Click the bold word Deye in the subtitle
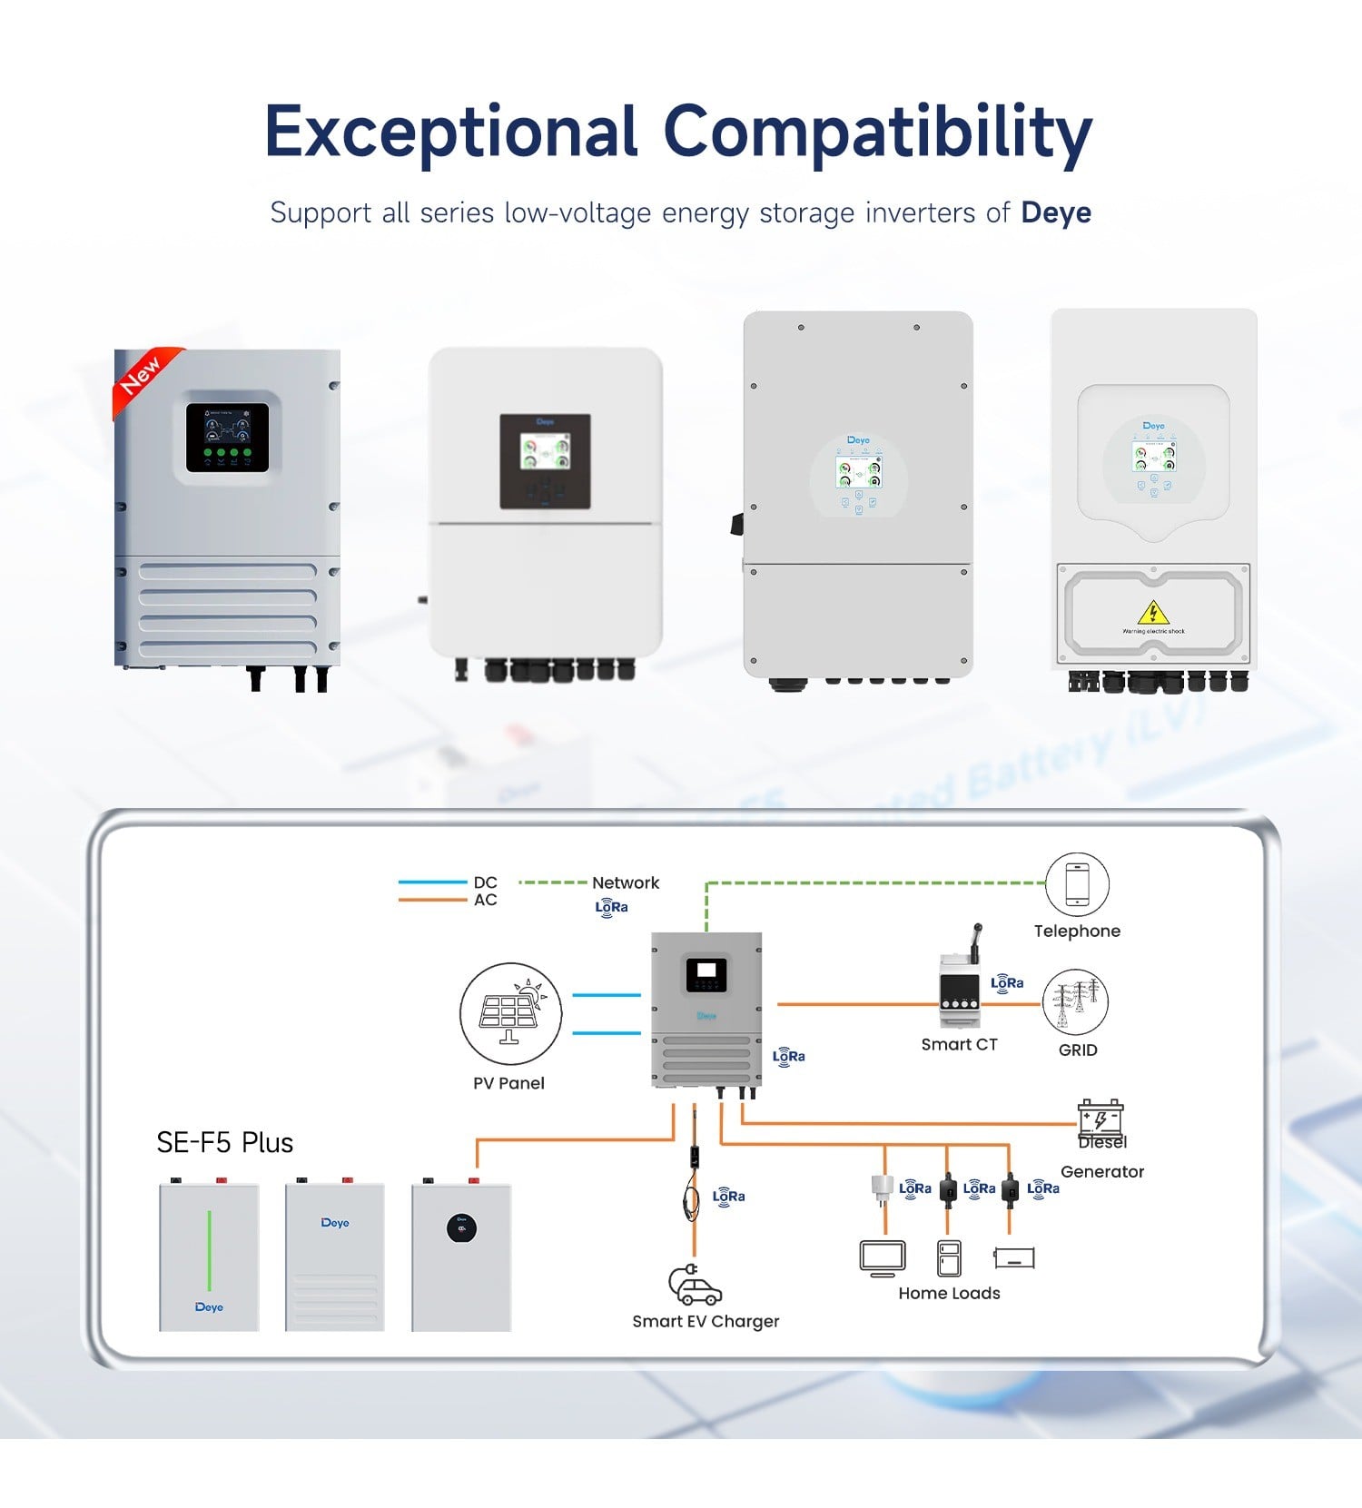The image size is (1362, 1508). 1056,212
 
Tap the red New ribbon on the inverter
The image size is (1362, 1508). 141,374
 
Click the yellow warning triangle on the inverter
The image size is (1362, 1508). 1153,613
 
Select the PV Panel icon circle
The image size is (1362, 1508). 510,1013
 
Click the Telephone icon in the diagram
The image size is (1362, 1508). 1077,884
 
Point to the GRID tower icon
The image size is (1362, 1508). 1076,1002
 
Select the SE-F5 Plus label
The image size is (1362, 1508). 224,1142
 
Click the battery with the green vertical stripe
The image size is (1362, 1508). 209,1257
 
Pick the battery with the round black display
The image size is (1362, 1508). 461,1257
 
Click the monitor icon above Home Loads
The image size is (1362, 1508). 883,1257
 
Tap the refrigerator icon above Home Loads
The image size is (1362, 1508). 949,1258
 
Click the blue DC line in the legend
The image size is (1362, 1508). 432,882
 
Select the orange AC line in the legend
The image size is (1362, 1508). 432,900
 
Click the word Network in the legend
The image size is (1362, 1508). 626,882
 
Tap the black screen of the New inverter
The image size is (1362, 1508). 227,438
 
